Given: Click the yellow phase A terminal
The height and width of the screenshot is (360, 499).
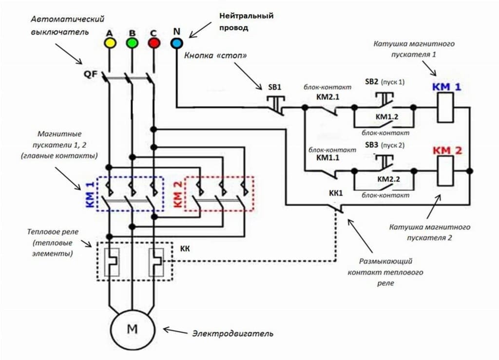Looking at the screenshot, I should [110, 43].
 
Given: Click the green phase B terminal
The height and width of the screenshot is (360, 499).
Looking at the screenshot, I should [132, 43].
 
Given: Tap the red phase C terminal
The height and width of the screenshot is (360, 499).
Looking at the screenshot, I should [154, 43].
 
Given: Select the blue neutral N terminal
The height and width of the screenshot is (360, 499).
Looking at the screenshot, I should [176, 43].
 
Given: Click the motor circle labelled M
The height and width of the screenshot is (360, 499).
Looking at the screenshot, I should [132, 329].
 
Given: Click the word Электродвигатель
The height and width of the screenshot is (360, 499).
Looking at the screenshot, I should [232, 334].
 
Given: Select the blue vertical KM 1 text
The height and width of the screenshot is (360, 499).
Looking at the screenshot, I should [90, 194].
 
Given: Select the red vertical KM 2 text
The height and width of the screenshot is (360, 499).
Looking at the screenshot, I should [178, 194].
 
